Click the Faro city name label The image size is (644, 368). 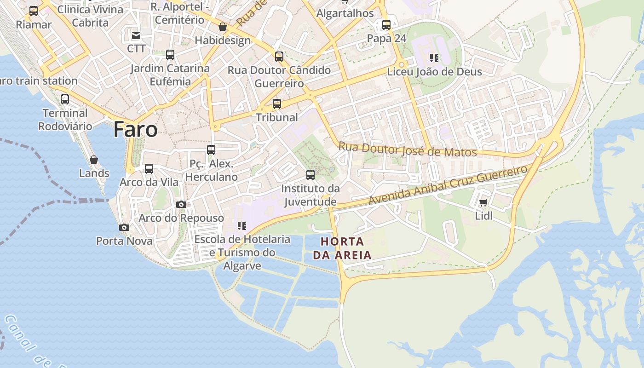click(x=135, y=129)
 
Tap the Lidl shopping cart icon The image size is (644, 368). click(x=483, y=202)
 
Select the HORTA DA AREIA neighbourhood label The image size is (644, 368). click(x=342, y=248)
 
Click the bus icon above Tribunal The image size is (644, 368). click(x=276, y=104)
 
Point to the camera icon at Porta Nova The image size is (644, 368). click(x=124, y=227)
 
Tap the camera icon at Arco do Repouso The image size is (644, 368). click(x=181, y=204)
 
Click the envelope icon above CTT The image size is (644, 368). click(x=136, y=35)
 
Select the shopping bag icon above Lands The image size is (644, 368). click(x=94, y=160)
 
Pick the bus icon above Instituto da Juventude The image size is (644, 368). click(x=310, y=175)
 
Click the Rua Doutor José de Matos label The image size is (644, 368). click(x=408, y=150)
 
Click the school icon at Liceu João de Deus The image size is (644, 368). click(x=434, y=58)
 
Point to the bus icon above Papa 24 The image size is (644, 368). click(x=386, y=25)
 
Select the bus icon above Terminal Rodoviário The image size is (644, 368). click(x=65, y=99)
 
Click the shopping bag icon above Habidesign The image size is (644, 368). click(x=223, y=27)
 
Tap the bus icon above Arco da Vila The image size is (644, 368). click(x=149, y=169)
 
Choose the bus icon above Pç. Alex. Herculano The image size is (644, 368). click(x=211, y=150)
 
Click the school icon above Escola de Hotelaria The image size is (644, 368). click(x=241, y=226)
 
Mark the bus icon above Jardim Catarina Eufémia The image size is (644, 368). click(x=170, y=55)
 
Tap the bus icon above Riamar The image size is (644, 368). click(x=34, y=11)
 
